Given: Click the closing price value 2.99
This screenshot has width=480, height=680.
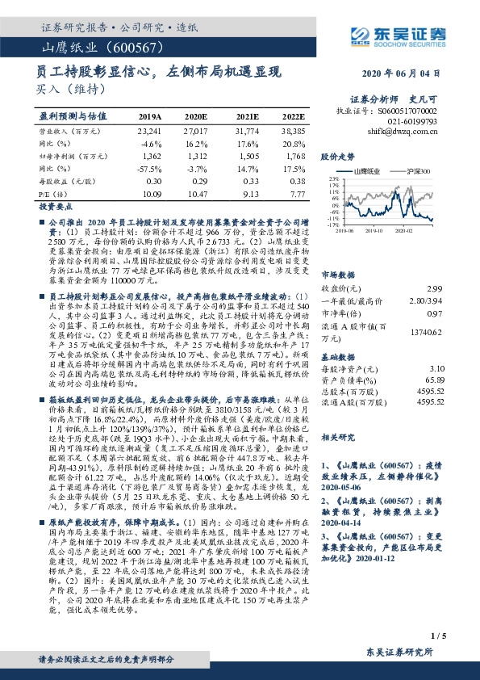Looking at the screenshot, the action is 435,266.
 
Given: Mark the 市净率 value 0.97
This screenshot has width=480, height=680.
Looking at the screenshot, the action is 435,291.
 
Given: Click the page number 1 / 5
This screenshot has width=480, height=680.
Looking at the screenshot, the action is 440,638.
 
